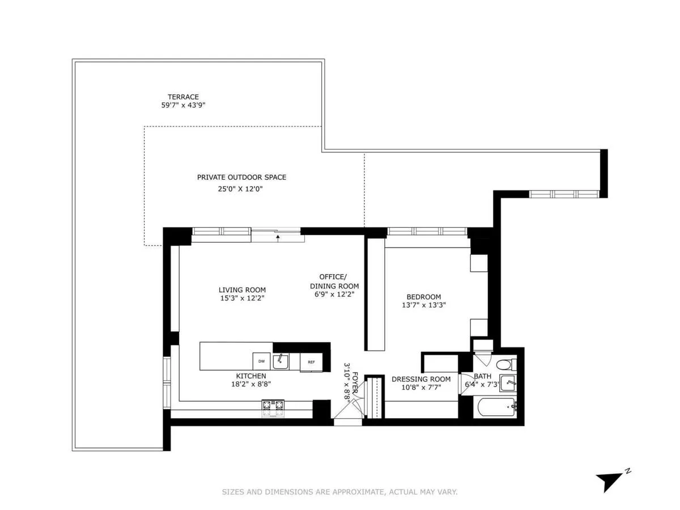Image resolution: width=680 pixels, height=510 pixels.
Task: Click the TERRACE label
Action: point(182,97)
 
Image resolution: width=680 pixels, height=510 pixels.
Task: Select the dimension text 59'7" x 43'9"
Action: point(182,105)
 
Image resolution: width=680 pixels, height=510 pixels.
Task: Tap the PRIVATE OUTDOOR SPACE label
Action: point(241,177)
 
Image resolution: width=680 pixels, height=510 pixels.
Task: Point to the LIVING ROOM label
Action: point(242,290)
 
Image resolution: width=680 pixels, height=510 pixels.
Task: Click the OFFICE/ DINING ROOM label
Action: point(334,281)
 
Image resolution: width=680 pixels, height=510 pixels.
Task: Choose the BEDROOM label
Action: point(423,297)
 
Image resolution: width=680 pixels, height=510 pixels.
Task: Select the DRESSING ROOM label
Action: point(421,379)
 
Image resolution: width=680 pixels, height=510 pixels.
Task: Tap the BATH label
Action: point(483,376)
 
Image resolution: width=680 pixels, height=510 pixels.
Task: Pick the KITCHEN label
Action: point(250,376)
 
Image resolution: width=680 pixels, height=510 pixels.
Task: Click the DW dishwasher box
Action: point(261,361)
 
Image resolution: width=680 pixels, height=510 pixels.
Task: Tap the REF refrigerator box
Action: point(311,362)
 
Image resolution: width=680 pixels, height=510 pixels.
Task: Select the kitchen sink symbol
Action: point(280,360)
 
